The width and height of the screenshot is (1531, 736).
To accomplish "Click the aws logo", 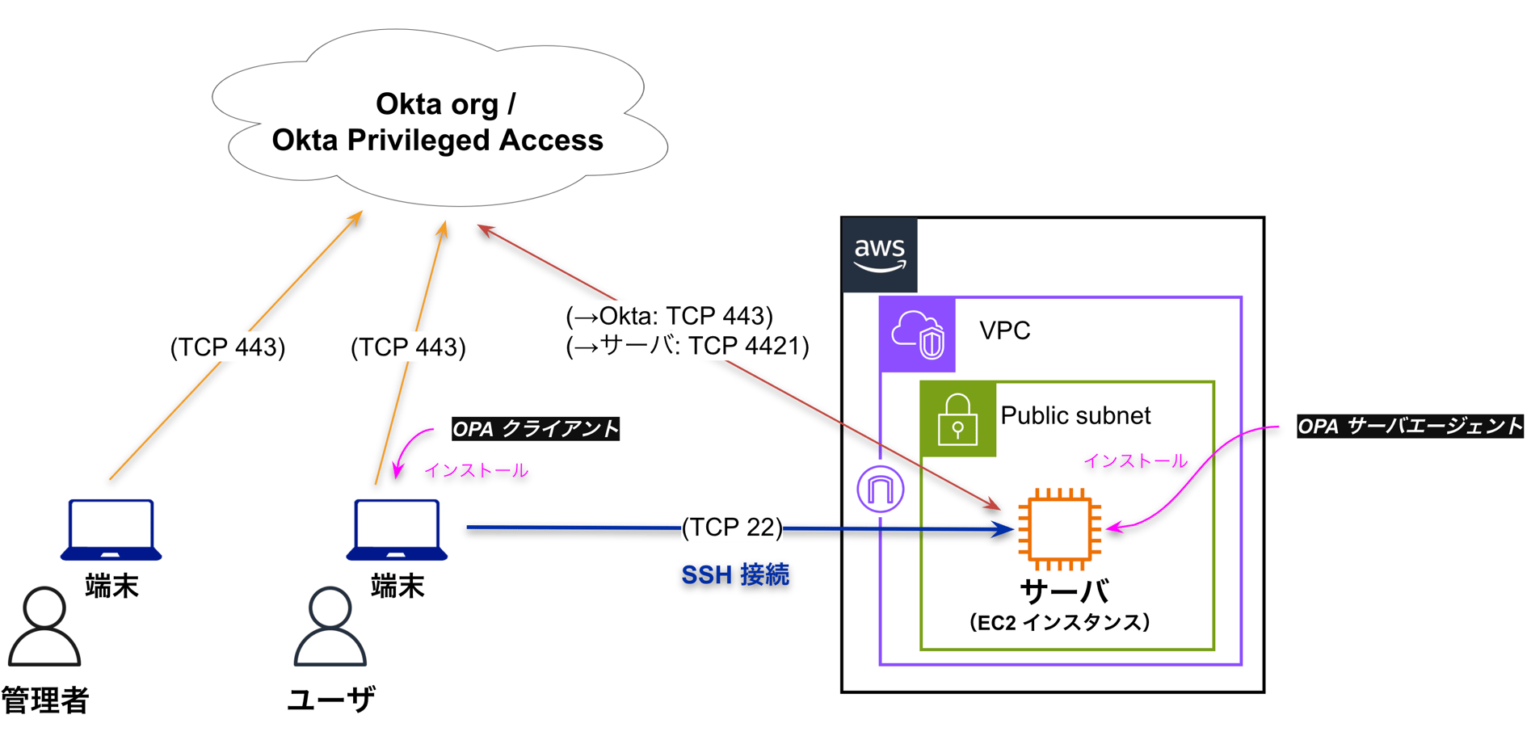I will point(879,254).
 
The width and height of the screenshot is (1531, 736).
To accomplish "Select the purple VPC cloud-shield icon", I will point(917,334).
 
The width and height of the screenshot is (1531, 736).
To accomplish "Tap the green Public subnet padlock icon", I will point(957,419).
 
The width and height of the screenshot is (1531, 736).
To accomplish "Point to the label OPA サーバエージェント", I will point(1409,427).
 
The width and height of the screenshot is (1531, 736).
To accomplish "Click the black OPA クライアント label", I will point(536,429).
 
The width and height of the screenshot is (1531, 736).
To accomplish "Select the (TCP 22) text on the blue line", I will point(732,528).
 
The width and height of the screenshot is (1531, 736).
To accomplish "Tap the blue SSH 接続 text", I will point(735,575).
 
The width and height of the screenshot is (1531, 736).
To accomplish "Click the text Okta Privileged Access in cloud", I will point(437,141).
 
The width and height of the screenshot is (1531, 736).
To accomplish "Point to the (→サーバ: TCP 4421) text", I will point(688,346).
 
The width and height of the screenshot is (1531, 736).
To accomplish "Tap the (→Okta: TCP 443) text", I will point(670,315).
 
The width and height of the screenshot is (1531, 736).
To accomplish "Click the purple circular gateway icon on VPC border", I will point(880,489).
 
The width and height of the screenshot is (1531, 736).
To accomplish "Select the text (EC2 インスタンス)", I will point(1059,622).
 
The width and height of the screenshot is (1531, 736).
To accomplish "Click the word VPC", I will point(1004,330).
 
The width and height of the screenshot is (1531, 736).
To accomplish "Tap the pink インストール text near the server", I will point(1135,461).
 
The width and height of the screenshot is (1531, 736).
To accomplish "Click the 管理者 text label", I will point(45,700).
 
